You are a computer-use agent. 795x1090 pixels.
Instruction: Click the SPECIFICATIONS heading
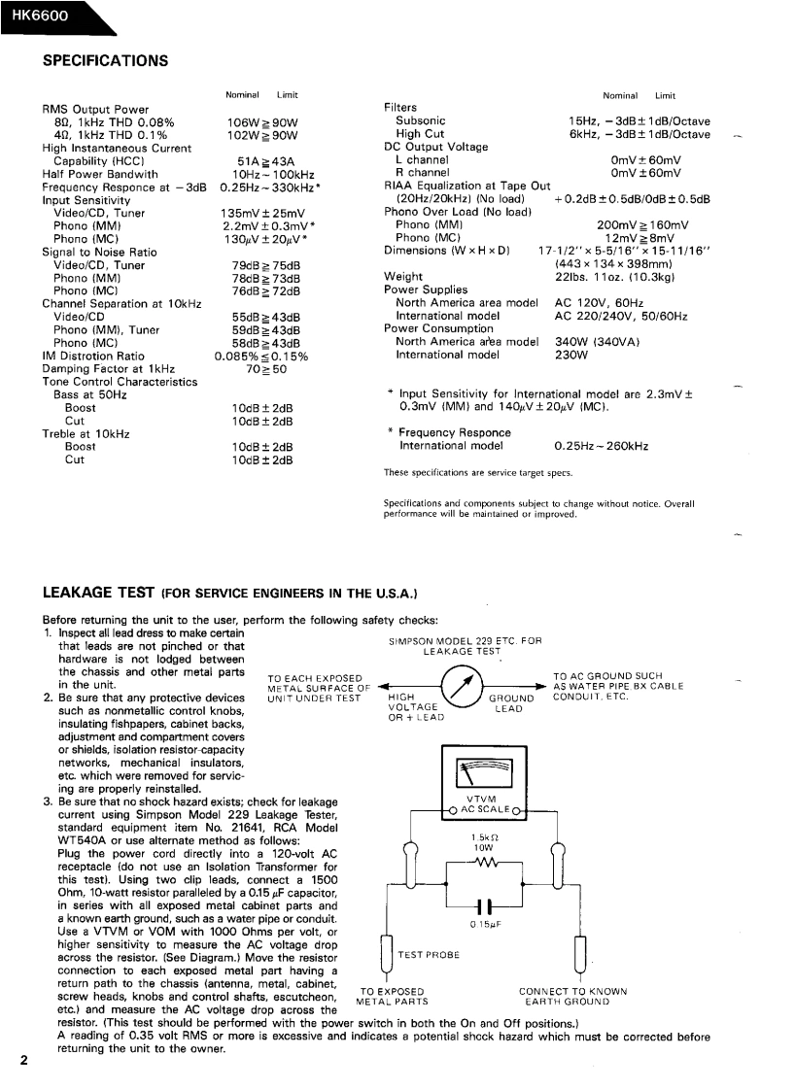coord(106,60)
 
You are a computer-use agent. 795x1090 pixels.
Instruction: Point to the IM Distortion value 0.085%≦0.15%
coord(261,356)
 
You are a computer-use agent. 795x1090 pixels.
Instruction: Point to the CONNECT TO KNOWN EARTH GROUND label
coord(573,996)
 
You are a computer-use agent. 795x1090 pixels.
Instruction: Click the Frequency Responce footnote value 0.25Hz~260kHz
coord(602,447)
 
